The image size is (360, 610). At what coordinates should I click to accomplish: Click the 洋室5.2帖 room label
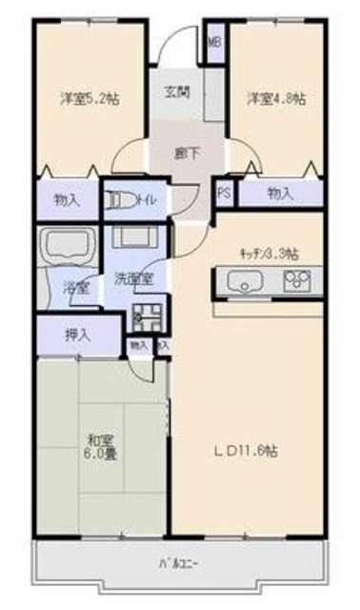(90, 98)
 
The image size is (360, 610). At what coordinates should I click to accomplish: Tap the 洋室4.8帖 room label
(276, 98)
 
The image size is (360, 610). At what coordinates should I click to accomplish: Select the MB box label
(215, 42)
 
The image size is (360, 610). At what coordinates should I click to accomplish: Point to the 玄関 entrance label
(177, 92)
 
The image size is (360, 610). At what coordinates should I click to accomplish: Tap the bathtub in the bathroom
(66, 245)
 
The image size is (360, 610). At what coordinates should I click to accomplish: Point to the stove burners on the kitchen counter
(297, 281)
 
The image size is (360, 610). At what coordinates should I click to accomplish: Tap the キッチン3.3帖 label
(269, 253)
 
